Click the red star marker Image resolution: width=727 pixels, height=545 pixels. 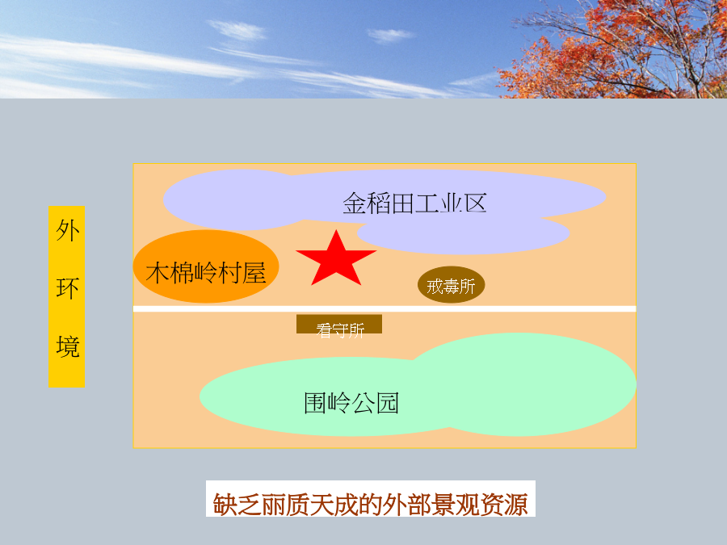[x=336, y=259]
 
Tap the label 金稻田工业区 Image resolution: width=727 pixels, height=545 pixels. [x=414, y=203]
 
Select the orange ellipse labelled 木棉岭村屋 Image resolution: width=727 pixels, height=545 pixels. [x=206, y=266]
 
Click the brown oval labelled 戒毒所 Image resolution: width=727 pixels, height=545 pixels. [x=451, y=284]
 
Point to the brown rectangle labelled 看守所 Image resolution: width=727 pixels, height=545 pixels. [x=339, y=324]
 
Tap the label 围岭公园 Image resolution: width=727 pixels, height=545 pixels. [x=351, y=403]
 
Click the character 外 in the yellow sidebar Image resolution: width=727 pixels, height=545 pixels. [x=67, y=230]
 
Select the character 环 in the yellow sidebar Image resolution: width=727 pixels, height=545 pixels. [x=67, y=288]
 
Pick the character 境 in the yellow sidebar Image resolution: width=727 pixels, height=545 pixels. [x=67, y=346]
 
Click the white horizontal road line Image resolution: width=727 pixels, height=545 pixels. [x=385, y=308]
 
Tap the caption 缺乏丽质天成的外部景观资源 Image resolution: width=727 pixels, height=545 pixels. [x=370, y=504]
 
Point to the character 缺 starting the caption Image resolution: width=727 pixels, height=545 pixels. [x=225, y=504]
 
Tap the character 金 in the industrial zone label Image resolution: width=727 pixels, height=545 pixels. [x=355, y=203]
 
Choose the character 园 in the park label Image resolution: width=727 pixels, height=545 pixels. [x=387, y=403]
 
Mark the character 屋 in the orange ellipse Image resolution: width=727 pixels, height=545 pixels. [x=254, y=273]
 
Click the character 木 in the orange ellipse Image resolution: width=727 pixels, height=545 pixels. [x=158, y=273]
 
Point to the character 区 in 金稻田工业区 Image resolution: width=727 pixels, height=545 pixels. [x=475, y=203]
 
